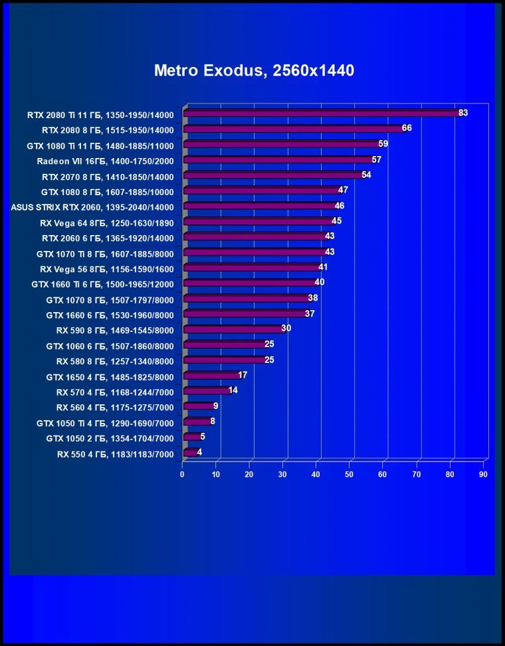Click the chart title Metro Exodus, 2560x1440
[x=254, y=70]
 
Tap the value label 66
[x=407, y=128]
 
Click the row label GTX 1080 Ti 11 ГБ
[x=100, y=145]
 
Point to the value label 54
[x=366, y=175]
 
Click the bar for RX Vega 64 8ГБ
[x=257, y=222]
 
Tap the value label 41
[x=323, y=267]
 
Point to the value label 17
[x=243, y=375]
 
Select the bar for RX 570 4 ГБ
[x=205, y=391]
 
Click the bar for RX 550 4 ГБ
[x=189, y=453]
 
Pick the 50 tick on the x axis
[x=350, y=475]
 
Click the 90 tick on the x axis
[x=483, y=475]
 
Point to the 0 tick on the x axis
[x=182, y=475]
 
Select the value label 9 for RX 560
[x=216, y=406]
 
